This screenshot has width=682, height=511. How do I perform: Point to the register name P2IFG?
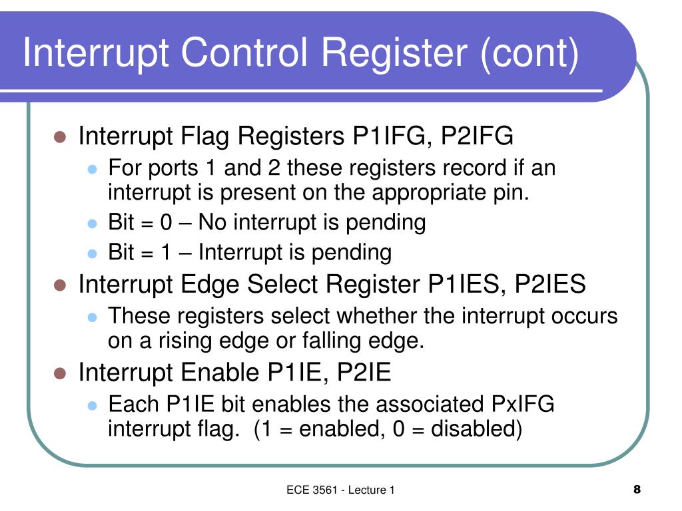pos(477,137)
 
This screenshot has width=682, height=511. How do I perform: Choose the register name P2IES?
pos(549,285)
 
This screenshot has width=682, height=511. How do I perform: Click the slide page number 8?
pos(637,490)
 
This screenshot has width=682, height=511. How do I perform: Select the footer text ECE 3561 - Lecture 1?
pos(341,490)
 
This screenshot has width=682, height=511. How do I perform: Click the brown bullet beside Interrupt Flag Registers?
pos(59,138)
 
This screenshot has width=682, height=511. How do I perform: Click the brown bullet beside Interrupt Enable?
pos(59,373)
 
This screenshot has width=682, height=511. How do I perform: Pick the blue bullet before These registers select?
pos(93,317)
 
